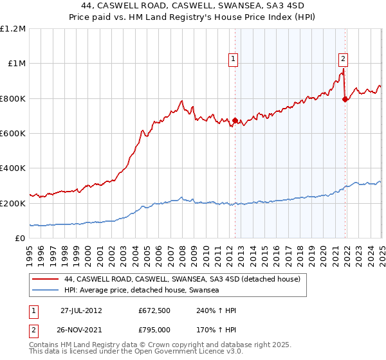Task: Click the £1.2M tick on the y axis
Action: click(x=13, y=29)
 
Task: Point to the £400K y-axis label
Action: click(x=13, y=168)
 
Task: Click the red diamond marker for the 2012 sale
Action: click(x=235, y=120)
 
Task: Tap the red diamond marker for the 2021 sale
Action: click(x=345, y=99)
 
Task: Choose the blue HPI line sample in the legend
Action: click(x=46, y=291)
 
